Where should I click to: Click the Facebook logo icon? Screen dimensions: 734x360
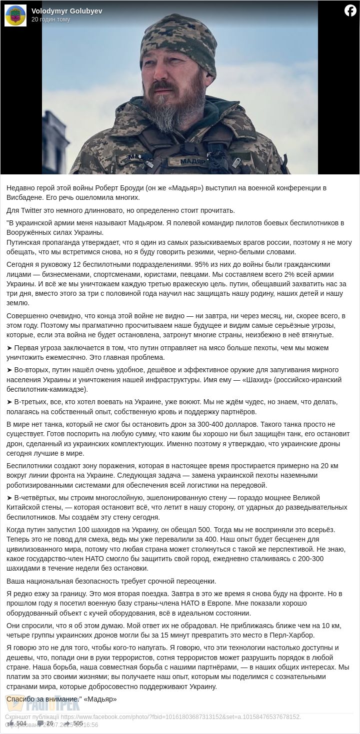point(350,10)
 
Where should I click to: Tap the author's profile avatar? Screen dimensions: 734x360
point(15,15)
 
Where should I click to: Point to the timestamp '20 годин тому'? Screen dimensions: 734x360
point(50,19)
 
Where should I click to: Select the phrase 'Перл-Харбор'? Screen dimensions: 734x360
point(280,635)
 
